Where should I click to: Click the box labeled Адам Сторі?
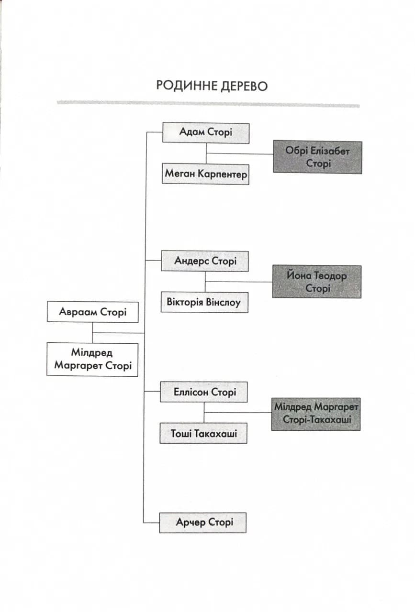click(x=206, y=133)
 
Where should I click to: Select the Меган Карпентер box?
click(x=205, y=174)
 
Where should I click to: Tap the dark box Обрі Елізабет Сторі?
click(x=317, y=157)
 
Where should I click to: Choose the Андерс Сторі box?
click(x=205, y=261)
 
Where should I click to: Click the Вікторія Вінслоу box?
click(x=204, y=302)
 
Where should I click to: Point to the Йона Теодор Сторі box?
click(x=317, y=282)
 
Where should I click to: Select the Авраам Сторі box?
click(x=93, y=312)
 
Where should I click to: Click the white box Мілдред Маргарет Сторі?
click(x=92, y=360)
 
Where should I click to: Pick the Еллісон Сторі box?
click(x=204, y=392)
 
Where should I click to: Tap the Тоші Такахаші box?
click(x=203, y=433)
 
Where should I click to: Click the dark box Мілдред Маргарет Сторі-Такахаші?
click(x=316, y=414)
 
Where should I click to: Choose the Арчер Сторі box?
click(x=202, y=523)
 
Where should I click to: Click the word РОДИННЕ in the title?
click(x=187, y=86)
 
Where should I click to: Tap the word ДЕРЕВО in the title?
click(x=244, y=87)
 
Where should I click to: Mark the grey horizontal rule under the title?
click(x=208, y=104)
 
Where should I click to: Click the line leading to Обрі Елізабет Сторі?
click(x=240, y=153)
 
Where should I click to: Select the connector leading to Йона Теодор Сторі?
click(x=239, y=282)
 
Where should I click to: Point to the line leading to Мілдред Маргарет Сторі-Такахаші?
click(x=238, y=412)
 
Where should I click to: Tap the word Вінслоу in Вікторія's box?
click(x=223, y=303)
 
